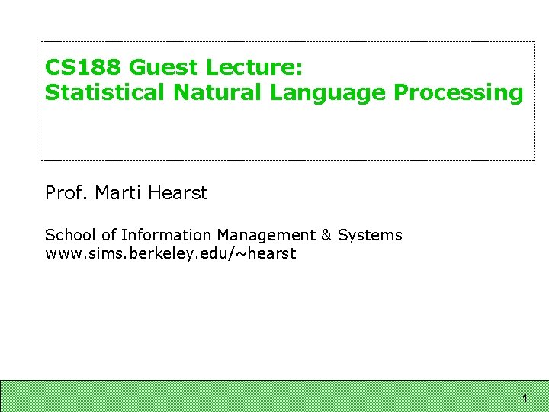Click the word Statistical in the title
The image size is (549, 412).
(x=105, y=93)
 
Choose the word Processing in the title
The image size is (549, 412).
(x=459, y=93)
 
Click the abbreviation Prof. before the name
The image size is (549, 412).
(x=67, y=193)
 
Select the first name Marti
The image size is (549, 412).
(x=119, y=193)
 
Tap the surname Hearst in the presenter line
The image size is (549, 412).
(x=178, y=193)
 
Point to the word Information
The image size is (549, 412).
(x=158, y=235)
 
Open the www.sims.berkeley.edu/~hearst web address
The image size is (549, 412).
(x=170, y=253)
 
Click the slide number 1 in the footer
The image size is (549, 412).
(x=525, y=399)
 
